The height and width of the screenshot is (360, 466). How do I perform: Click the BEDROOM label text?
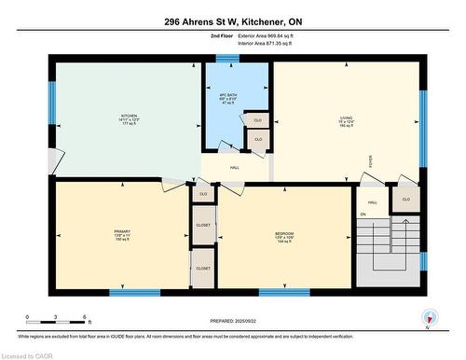click(x=284, y=234)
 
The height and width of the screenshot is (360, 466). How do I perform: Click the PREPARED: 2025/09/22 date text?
click(x=232, y=319)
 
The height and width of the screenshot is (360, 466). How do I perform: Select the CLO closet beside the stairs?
click(x=405, y=200)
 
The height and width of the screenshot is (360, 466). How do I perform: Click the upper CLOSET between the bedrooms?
click(x=203, y=225)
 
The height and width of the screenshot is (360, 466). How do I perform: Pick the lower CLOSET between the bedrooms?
click(x=203, y=268)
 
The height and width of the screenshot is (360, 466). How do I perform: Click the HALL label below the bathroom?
click(x=235, y=167)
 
